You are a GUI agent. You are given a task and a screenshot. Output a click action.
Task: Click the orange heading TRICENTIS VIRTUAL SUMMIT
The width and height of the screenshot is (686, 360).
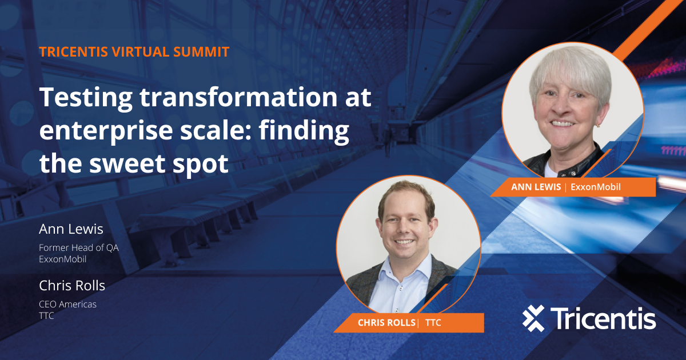pyautogui.click(x=134, y=52)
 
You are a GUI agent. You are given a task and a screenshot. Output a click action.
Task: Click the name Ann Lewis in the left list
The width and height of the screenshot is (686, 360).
pyautogui.click(x=71, y=229)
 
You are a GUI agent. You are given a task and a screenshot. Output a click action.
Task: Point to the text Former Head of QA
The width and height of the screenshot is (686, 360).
pyautogui.click(x=78, y=248)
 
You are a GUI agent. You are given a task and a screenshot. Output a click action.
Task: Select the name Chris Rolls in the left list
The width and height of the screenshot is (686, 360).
pyautogui.click(x=72, y=285)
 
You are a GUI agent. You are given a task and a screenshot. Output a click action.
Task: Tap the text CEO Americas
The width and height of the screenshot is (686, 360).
pyautogui.click(x=67, y=304)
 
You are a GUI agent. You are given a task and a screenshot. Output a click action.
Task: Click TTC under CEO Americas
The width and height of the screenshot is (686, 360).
pyautogui.click(x=46, y=315)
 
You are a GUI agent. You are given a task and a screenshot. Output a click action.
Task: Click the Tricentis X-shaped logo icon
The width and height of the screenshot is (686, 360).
pyautogui.click(x=533, y=318)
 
